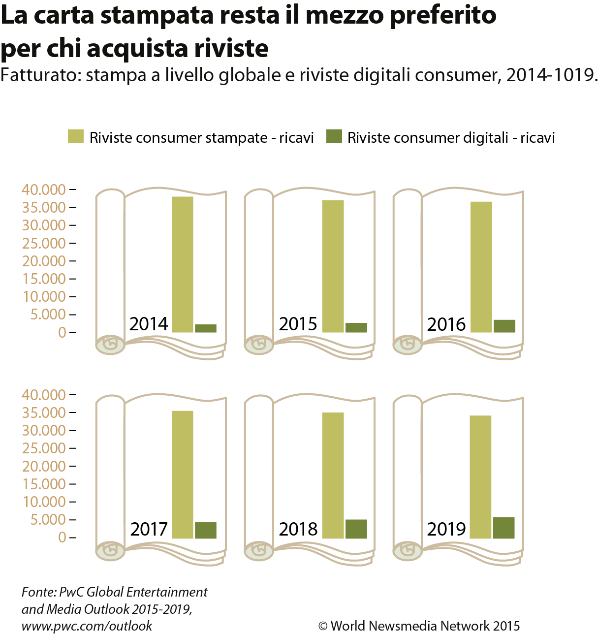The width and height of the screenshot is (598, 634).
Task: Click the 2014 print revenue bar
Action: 182,264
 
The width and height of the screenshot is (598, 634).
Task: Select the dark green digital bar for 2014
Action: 206,328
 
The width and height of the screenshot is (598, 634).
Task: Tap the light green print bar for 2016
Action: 481,267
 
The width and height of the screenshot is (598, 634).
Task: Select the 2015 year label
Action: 298,324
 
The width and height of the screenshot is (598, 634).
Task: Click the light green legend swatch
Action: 76,136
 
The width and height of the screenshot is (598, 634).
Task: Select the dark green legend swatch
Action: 334,136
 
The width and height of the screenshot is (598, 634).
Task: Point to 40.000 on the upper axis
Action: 44,190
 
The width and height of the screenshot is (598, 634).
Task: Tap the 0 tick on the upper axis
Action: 62,332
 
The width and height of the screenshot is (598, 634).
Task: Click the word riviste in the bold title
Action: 231,48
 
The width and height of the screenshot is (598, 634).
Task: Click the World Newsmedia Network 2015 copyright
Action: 419,626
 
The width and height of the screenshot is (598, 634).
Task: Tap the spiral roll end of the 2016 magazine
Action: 408,345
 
